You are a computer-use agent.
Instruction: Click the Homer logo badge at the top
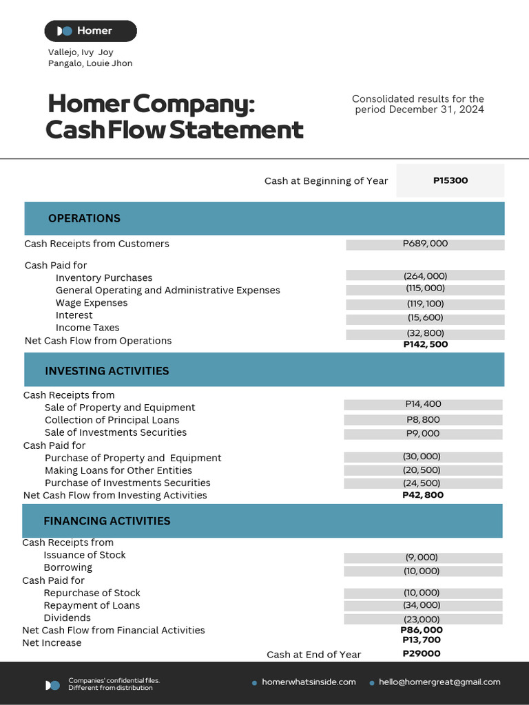click(x=90, y=31)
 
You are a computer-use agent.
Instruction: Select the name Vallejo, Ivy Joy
click(x=81, y=52)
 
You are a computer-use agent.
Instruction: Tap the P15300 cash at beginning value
click(x=450, y=180)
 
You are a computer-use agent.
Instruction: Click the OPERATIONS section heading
click(x=84, y=218)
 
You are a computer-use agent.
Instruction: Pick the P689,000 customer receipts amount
click(x=425, y=244)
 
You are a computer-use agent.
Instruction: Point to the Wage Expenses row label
click(x=92, y=303)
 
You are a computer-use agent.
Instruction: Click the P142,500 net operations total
click(x=425, y=344)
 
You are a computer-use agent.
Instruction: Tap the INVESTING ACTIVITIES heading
click(x=107, y=371)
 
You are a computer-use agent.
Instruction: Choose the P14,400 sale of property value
click(x=423, y=404)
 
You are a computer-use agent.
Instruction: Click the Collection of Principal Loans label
click(x=112, y=420)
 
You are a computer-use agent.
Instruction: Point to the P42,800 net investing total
click(x=423, y=495)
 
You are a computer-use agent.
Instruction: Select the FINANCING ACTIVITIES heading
click(x=107, y=521)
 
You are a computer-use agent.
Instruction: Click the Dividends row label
click(x=67, y=618)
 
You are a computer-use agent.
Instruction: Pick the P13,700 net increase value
click(x=422, y=640)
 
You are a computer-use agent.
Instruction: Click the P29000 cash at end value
click(x=422, y=653)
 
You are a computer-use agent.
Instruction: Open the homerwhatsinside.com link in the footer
click(x=309, y=682)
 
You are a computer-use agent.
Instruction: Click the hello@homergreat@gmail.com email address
click(x=439, y=682)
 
